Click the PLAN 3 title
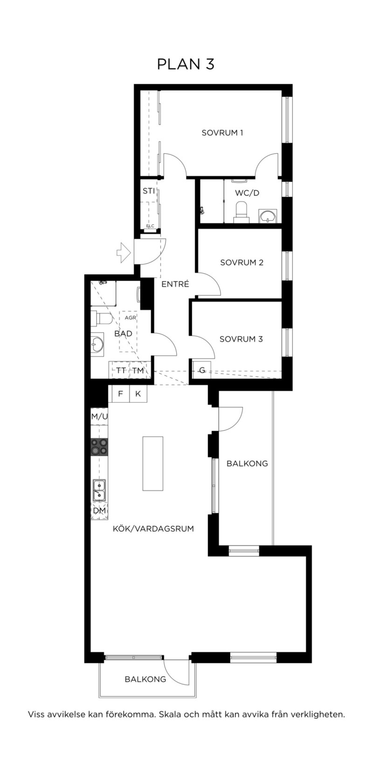[x=186, y=64]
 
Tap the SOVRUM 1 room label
[x=222, y=133]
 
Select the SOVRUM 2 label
[x=242, y=262]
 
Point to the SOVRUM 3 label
[x=241, y=339]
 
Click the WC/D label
[x=247, y=193]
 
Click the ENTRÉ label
[x=175, y=284]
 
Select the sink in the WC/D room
[x=267, y=215]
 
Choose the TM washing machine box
[x=138, y=370]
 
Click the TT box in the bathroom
[x=121, y=370]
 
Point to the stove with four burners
[x=99, y=447]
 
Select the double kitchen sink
[x=99, y=490]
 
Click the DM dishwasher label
[x=99, y=511]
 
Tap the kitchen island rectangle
[x=153, y=464]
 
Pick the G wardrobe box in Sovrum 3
[x=202, y=370]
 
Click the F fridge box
[x=121, y=394]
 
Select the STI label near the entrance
[x=149, y=191]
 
